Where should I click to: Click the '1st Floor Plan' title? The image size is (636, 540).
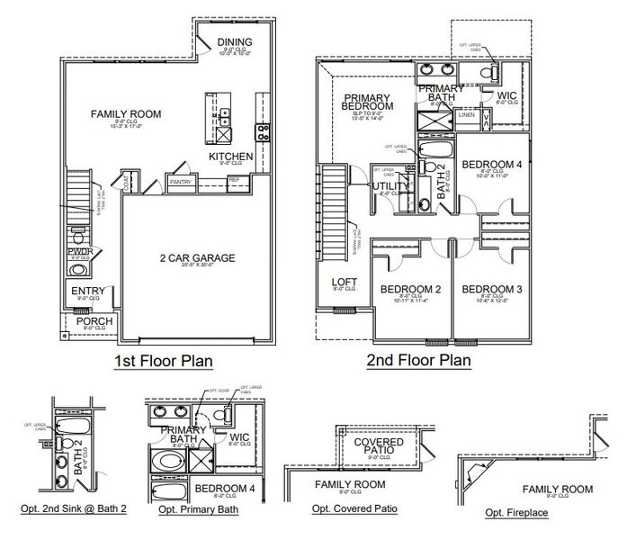click(163, 362)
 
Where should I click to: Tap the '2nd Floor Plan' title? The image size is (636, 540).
click(417, 361)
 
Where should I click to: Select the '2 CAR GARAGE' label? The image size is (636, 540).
click(198, 258)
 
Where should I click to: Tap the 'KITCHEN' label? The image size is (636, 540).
click(231, 157)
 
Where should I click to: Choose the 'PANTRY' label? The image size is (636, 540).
click(181, 182)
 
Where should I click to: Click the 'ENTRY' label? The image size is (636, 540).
click(88, 291)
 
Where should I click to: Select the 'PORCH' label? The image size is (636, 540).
click(93, 321)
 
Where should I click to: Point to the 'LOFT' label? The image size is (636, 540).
click(345, 281)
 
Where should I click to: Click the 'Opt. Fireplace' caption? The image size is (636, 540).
click(516, 513)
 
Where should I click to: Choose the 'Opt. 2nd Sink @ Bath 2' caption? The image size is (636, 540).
click(74, 509)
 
